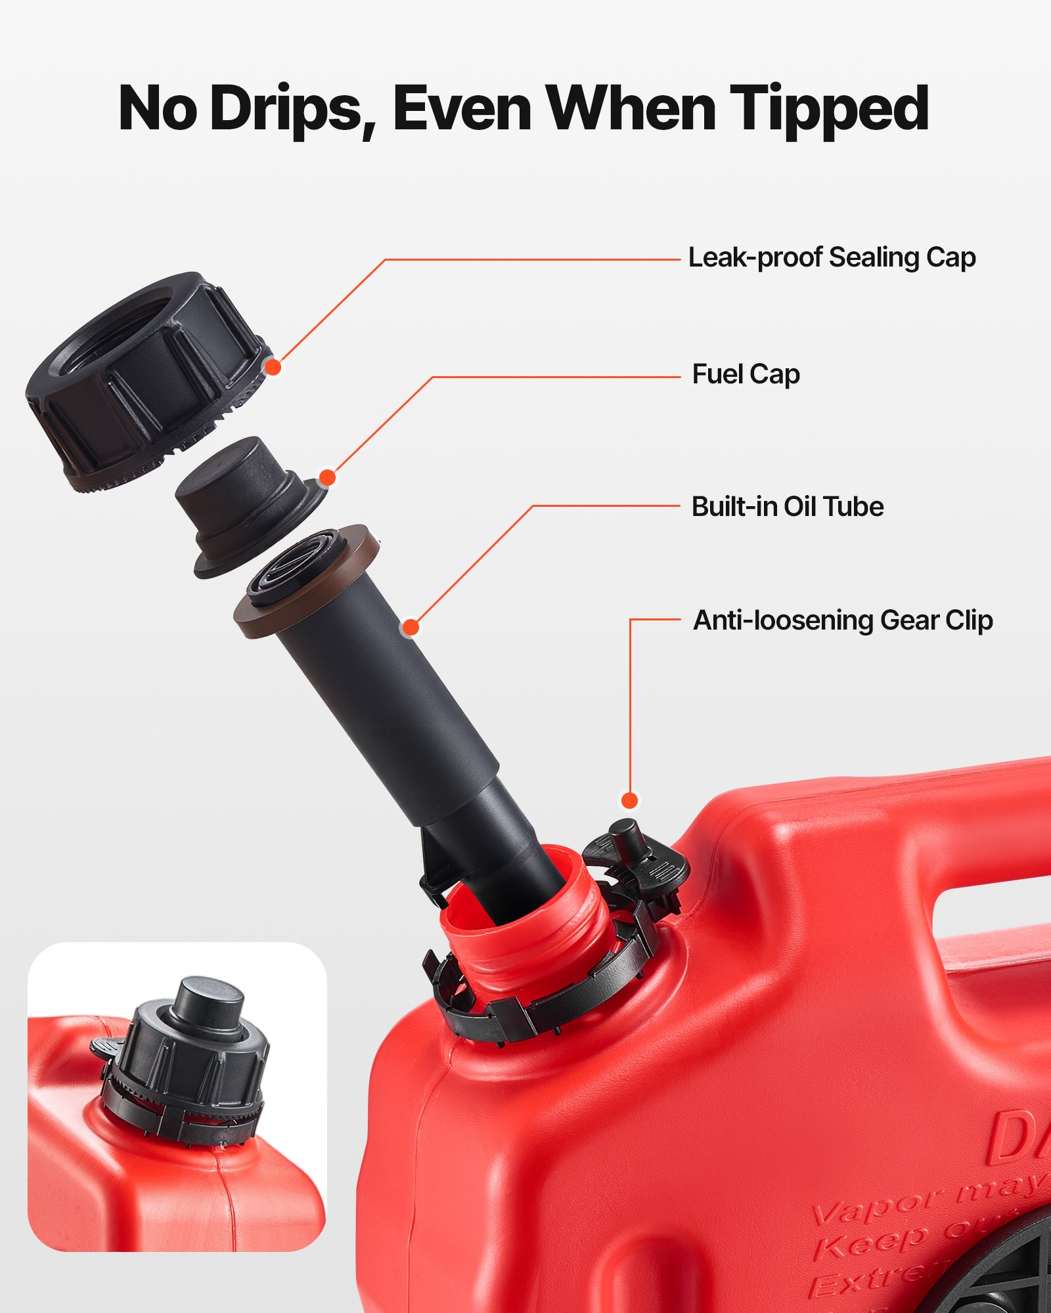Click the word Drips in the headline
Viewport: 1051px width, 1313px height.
(286, 109)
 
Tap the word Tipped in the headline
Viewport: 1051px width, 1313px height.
(829, 109)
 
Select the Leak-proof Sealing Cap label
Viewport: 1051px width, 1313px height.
(832, 257)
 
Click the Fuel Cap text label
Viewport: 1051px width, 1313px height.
(746, 374)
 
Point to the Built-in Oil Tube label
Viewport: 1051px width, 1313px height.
(787, 507)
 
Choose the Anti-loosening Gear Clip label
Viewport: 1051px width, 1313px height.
(843, 620)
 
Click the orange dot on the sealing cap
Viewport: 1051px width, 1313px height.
(273, 367)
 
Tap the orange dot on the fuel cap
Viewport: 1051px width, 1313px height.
(327, 477)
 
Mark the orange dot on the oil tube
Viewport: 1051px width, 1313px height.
(411, 628)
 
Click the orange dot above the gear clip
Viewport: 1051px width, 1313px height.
(629, 800)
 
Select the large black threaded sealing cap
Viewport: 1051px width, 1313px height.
(145, 374)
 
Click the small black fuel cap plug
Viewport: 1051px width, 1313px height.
(243, 499)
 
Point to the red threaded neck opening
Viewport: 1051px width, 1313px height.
(525, 919)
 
